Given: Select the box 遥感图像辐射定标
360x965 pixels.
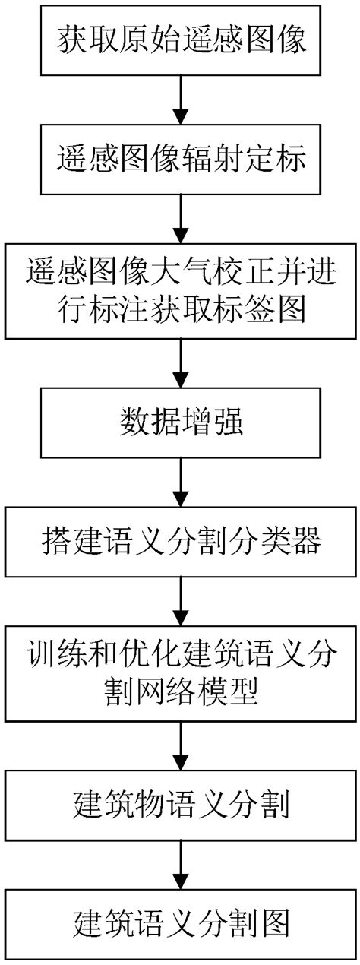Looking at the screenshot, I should coord(181,160).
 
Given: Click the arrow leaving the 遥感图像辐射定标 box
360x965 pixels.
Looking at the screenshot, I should coord(181,218).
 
